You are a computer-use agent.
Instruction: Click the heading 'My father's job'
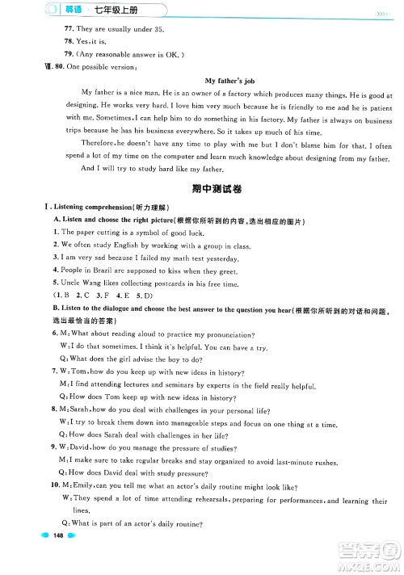point(234,81)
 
